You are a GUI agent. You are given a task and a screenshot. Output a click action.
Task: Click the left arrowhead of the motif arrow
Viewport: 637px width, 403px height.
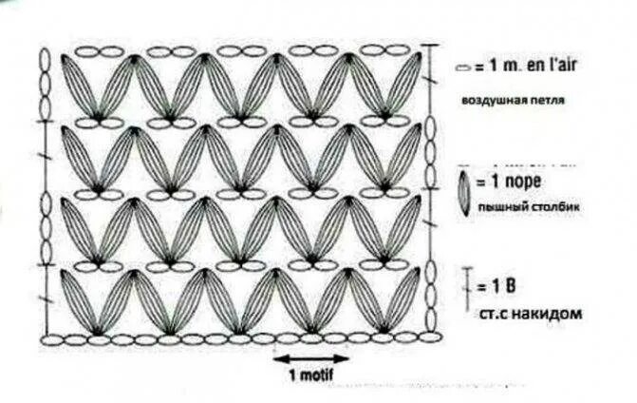(x=278, y=359)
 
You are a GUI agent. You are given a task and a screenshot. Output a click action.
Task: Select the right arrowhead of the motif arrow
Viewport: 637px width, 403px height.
(x=344, y=359)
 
